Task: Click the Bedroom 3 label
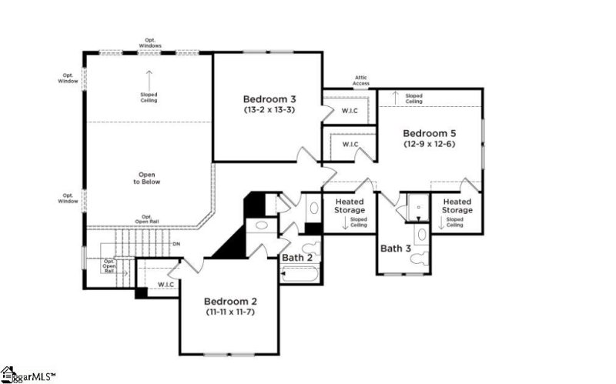(269, 99)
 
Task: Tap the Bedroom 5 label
(430, 132)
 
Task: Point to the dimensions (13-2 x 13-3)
(269, 110)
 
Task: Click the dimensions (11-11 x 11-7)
(229, 312)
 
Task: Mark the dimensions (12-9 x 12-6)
(430, 143)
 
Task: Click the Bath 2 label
(296, 257)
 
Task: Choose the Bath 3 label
(396, 248)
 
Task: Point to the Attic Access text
(361, 80)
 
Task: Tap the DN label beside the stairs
(176, 245)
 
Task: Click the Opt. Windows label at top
(150, 43)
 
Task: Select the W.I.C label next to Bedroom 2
(166, 285)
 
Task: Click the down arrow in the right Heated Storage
(442, 222)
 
